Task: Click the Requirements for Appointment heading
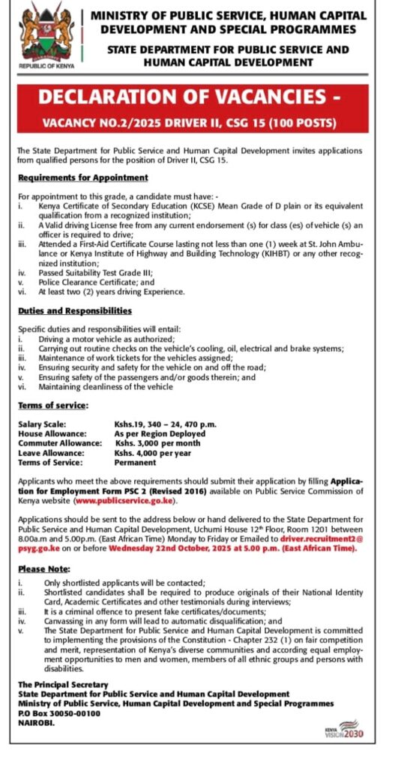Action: (83, 178)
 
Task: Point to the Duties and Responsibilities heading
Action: (75, 310)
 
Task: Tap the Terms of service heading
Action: (53, 405)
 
